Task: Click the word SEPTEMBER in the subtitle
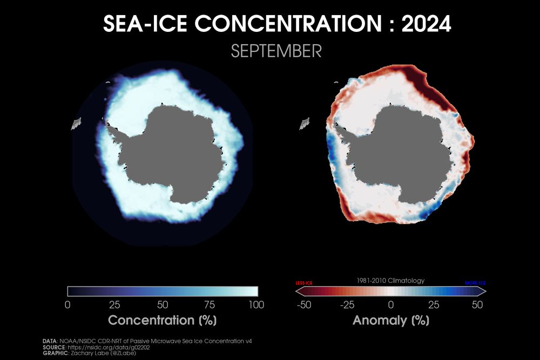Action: point(276,51)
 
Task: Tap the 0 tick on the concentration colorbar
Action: point(67,304)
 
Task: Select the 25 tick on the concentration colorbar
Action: point(114,304)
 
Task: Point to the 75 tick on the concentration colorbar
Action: point(210,304)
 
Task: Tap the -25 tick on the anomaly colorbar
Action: point(347,304)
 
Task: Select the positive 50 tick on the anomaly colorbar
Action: point(477,304)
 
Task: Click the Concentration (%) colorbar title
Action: point(162,320)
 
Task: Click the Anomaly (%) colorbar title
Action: point(390,320)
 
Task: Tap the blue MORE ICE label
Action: point(475,283)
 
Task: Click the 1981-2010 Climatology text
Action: point(390,281)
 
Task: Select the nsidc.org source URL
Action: point(103,347)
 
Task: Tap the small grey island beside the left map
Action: point(75,125)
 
